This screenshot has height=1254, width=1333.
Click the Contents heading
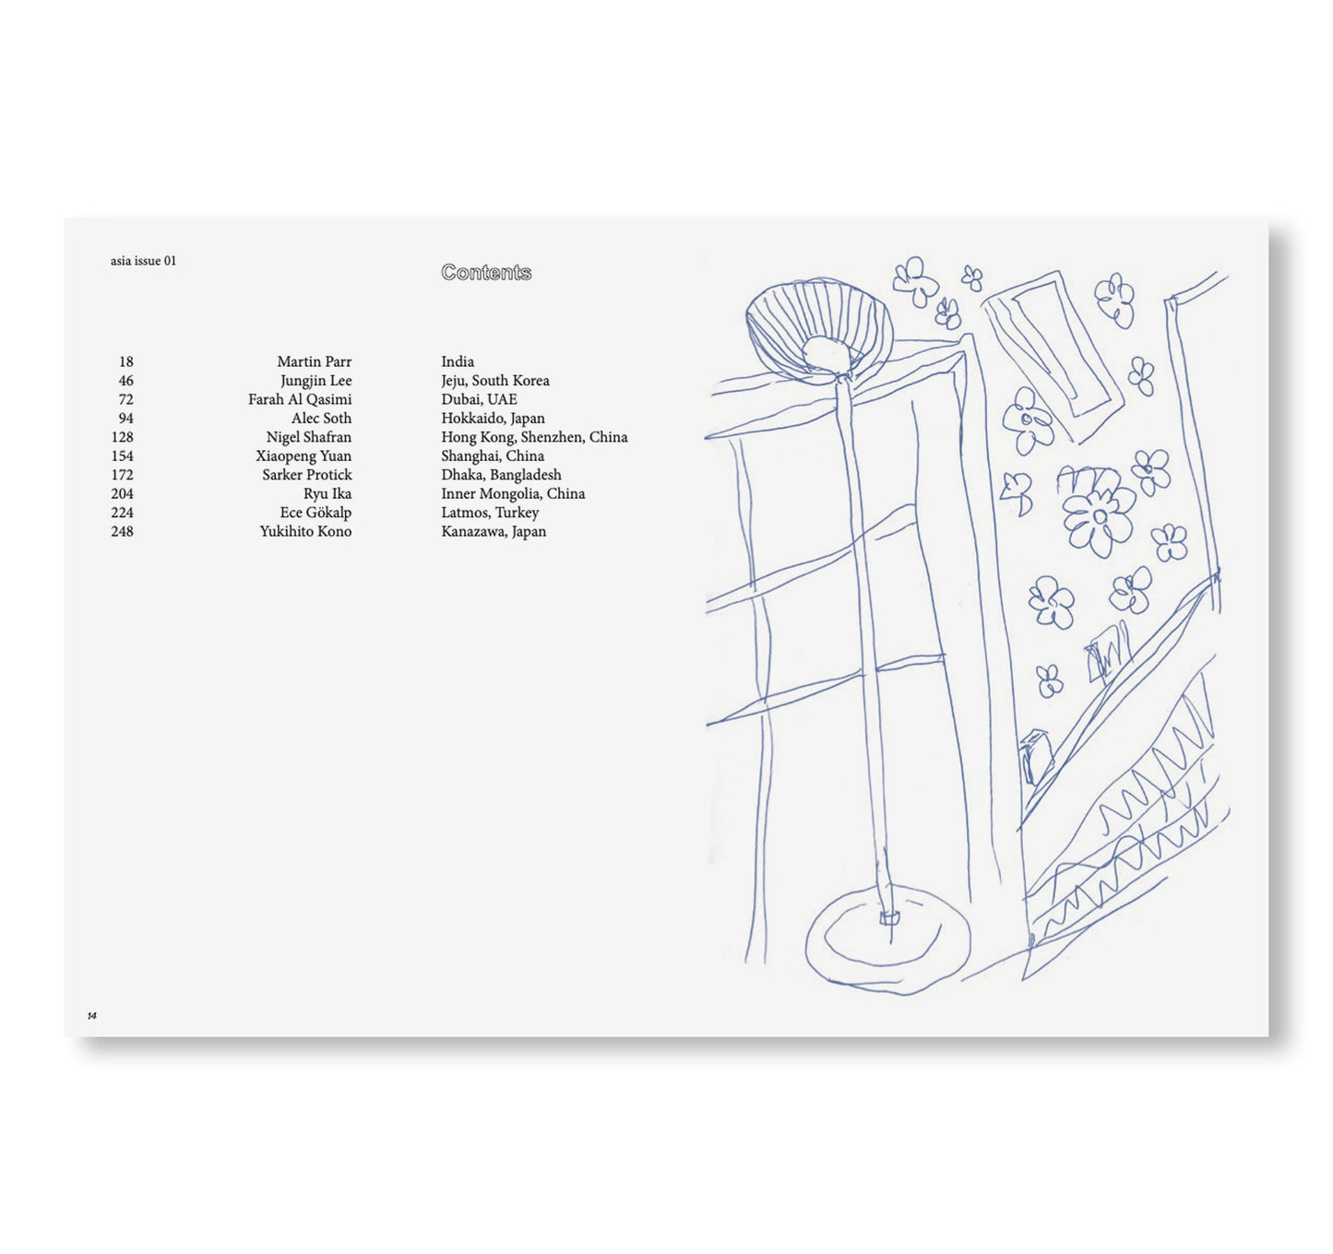(x=486, y=272)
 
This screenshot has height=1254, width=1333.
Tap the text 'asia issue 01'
(x=143, y=261)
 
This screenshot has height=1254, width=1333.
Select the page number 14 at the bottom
(x=91, y=1015)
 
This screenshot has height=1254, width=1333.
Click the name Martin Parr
(x=314, y=361)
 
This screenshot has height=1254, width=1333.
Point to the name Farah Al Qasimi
(x=300, y=399)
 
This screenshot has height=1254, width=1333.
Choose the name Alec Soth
(x=321, y=419)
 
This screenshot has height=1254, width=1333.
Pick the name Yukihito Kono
(x=305, y=531)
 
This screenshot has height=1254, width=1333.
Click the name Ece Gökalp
(x=315, y=513)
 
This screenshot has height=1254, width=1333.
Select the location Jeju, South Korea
(x=494, y=381)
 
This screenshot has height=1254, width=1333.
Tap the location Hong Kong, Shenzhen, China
(x=534, y=437)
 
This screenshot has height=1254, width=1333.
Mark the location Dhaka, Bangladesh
(x=501, y=475)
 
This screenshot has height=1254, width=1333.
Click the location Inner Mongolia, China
(x=513, y=493)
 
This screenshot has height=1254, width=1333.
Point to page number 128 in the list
(x=122, y=437)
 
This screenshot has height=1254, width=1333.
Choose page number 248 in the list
(x=122, y=531)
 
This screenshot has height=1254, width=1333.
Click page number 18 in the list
(x=126, y=361)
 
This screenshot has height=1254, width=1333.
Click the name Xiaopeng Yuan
(x=303, y=456)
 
